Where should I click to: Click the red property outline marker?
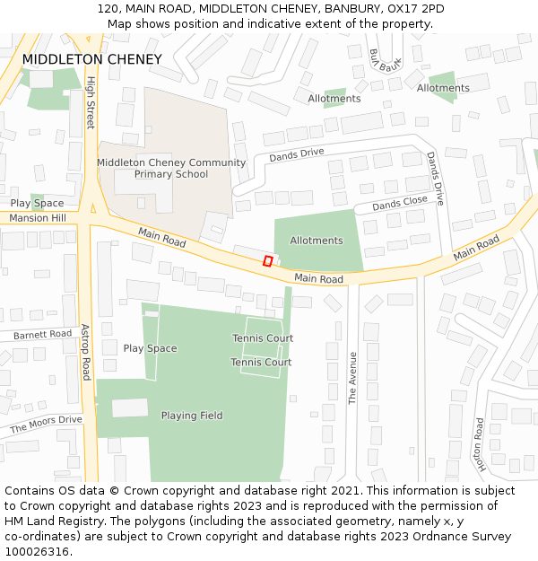pos(267,260)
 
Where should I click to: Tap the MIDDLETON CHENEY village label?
pos(92,59)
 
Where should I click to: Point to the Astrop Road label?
pos(86,352)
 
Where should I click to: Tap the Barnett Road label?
pos(42,334)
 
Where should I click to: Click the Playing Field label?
pos(192,416)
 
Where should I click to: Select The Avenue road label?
pos(352,378)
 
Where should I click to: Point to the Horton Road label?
pos(481,445)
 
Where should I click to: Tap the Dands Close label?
pos(400,204)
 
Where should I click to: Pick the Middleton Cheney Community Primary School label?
pos(171,168)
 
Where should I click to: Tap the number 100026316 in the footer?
pos(37,552)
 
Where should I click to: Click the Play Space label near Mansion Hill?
pos(37,203)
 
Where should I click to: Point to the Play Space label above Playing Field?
pos(150,348)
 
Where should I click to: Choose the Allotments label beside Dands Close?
pos(317,241)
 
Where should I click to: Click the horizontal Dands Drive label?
pos(297,153)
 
